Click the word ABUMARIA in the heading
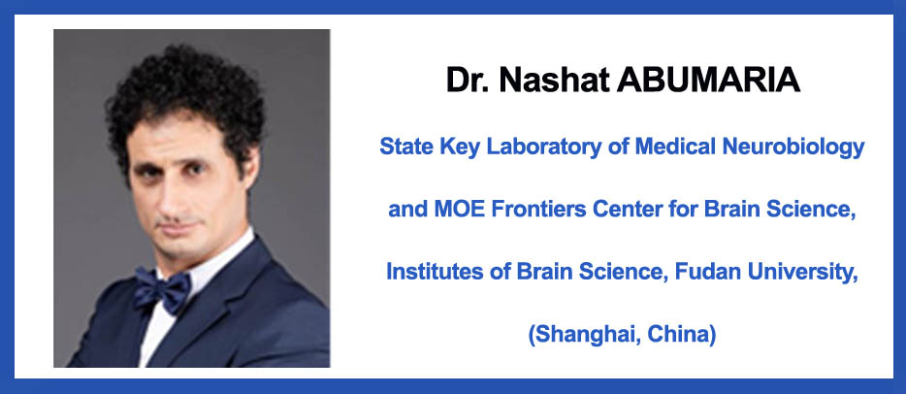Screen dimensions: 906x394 [x=708, y=81]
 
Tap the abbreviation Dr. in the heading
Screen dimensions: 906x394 [x=468, y=81]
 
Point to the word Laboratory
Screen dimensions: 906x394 [x=539, y=148]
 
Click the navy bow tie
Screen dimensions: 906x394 [x=162, y=289]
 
